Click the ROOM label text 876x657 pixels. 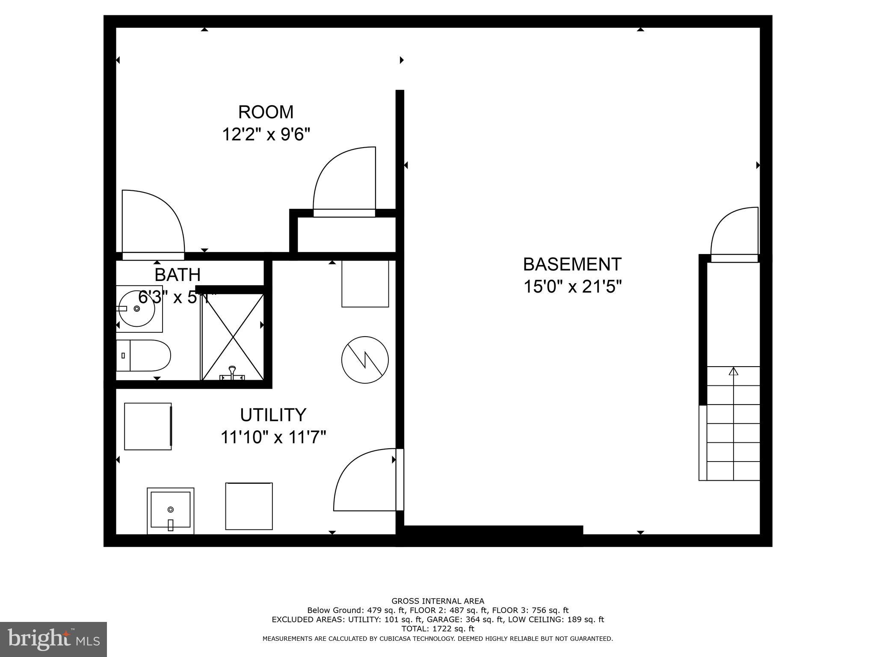point(266,112)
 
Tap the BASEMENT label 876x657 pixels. point(572,264)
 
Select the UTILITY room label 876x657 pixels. point(273,415)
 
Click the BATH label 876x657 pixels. point(178,275)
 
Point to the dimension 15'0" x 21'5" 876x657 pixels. point(572,287)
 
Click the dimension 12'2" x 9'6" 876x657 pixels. point(266,135)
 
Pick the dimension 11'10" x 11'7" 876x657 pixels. point(273,438)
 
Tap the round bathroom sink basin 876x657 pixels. point(136,308)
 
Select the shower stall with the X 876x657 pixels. point(233,337)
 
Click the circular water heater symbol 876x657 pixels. point(365,359)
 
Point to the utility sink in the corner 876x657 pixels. point(170,511)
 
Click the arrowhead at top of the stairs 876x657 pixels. point(734,371)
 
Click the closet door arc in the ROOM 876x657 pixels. point(345,179)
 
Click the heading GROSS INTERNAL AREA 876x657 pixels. point(438,601)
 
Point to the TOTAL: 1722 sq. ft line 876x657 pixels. point(438,629)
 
